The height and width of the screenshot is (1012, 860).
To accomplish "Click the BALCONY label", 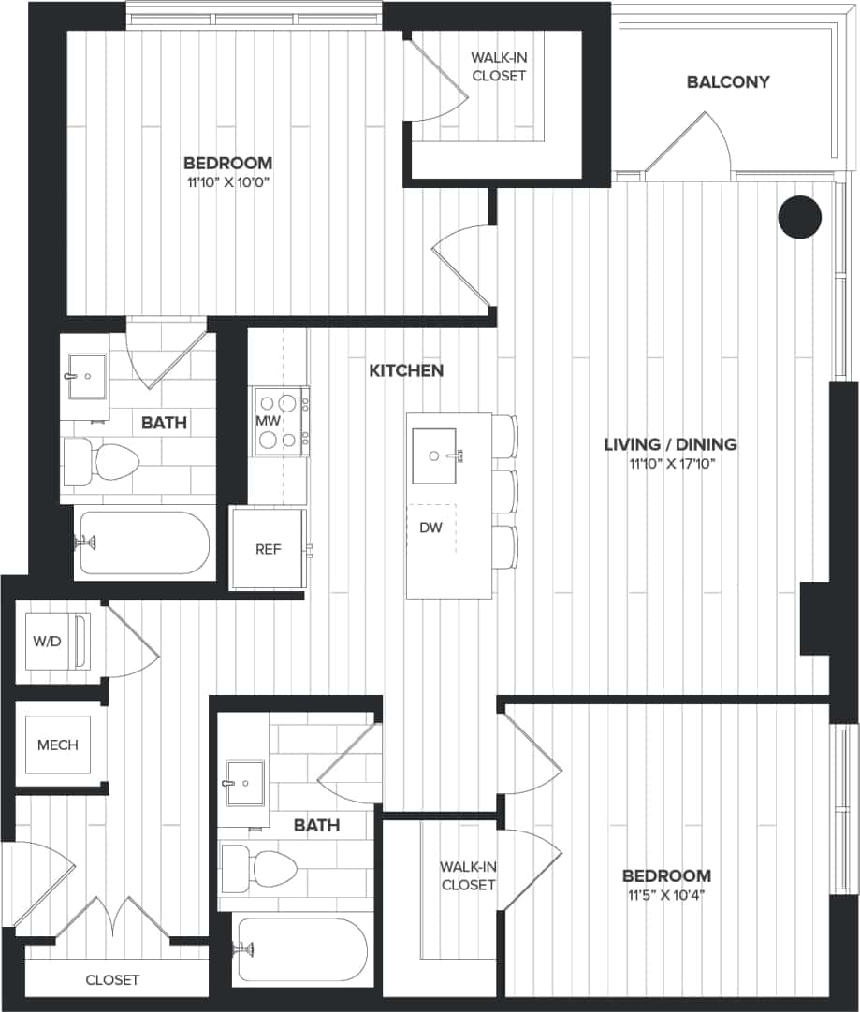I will (x=728, y=82).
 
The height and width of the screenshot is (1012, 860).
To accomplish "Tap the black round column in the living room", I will (x=799, y=217).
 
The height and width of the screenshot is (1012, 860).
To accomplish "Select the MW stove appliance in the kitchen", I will (x=281, y=422).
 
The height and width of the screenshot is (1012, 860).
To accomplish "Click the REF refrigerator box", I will (x=269, y=549).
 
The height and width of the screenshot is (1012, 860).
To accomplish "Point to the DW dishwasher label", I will (x=430, y=528).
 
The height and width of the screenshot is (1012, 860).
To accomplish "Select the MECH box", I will (x=58, y=745).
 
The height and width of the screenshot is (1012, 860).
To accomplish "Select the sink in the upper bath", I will (x=88, y=377).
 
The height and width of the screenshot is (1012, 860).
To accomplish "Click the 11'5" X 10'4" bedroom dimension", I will (x=666, y=895).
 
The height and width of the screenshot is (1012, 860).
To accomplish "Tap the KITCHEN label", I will (x=406, y=371).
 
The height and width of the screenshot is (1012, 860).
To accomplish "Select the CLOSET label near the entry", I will (x=112, y=980).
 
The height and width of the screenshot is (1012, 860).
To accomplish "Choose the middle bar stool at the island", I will (x=505, y=492).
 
